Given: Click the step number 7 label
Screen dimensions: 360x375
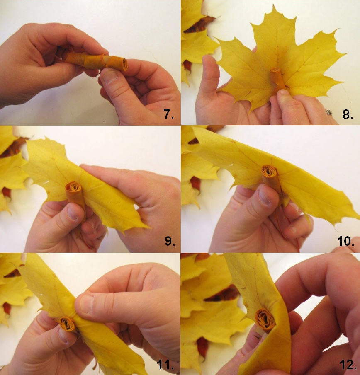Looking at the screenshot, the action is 169,114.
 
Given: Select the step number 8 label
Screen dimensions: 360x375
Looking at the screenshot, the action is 348,114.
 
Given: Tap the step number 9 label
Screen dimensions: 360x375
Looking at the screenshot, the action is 170,241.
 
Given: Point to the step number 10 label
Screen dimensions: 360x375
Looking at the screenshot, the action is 345,241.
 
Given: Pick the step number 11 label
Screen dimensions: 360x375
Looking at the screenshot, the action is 165,365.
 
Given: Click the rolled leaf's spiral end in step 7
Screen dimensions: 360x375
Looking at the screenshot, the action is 125,64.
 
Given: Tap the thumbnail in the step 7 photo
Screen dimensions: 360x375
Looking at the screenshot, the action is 110,77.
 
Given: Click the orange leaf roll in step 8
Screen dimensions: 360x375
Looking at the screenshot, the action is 277,79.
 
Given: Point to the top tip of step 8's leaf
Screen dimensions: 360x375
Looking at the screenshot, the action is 272,5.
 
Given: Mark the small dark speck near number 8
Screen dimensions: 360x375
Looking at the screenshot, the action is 329,112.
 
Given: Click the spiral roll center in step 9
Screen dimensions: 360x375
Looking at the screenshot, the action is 74,187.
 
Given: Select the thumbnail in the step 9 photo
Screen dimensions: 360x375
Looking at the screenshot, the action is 72,213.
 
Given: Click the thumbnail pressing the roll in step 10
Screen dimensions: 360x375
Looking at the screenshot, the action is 264,198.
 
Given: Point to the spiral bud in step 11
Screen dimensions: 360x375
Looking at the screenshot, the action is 67,324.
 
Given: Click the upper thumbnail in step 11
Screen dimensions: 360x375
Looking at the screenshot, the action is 87,303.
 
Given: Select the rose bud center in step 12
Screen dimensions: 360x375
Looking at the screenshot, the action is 265,319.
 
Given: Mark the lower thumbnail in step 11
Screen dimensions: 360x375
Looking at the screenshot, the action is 64,336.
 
